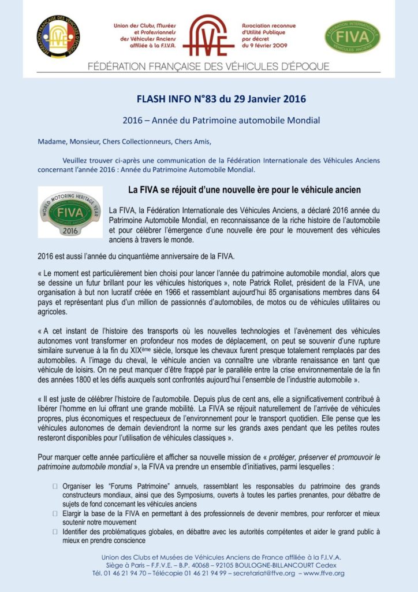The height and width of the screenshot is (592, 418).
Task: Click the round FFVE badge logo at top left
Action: [x=58, y=36]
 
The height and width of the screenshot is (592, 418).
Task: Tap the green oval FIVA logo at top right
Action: [x=352, y=36]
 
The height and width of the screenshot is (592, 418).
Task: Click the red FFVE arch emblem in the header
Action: [x=208, y=35]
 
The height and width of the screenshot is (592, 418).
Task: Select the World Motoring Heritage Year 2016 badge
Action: [x=70, y=212]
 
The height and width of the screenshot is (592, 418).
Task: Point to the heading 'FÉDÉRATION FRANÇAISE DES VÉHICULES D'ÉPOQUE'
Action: [x=208, y=66]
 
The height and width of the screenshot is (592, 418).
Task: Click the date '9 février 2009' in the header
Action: [x=266, y=45]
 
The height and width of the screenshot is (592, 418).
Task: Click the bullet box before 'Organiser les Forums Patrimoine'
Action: [x=55, y=486]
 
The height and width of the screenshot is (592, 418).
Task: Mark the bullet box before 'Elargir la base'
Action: [x=55, y=513]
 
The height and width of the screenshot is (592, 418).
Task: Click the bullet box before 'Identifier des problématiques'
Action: [x=55, y=531]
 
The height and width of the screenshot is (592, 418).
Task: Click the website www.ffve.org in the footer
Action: [x=324, y=573]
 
